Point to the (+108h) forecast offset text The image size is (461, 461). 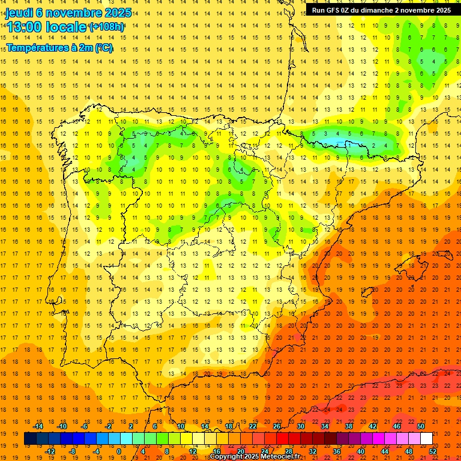point(106,26)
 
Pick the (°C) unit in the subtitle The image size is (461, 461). point(104,47)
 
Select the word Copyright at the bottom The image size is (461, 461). point(227,457)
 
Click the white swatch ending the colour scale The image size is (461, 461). point(426,439)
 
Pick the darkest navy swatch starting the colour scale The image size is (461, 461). point(30,439)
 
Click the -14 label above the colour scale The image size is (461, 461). point(40,426)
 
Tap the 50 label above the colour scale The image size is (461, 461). point(421,426)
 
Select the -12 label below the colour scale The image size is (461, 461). point(50,451)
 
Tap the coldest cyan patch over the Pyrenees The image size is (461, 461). point(339,143)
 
